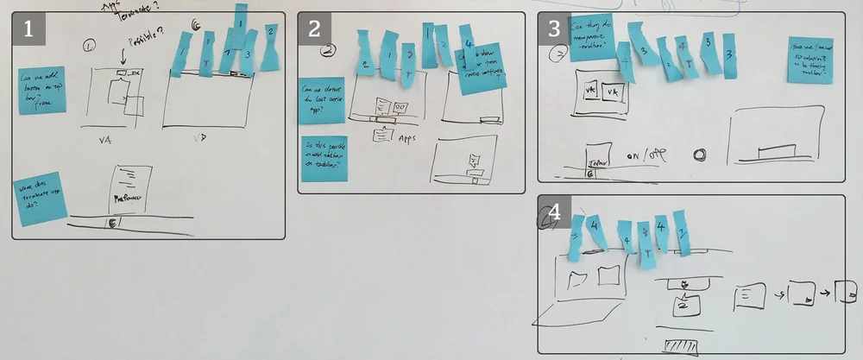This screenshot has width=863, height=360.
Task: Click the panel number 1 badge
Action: pos(28,28)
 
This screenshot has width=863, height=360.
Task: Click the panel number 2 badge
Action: pos(314,28)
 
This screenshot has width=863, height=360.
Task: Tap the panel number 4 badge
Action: pos(554,212)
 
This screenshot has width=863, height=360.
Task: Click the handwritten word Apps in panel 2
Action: pos(406,136)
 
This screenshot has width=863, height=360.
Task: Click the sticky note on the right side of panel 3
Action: pos(810,60)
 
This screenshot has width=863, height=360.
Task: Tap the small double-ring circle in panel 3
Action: pos(699,155)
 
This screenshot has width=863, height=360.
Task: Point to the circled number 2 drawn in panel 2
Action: pos(328,50)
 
